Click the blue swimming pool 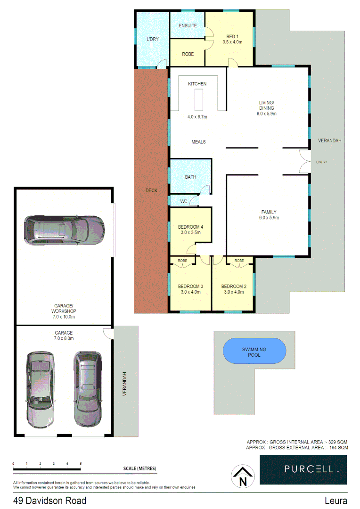(x=254, y=352)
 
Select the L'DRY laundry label (x=152, y=39)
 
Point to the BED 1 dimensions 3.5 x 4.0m (x=232, y=42)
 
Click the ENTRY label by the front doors (x=321, y=162)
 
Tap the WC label (x=184, y=201)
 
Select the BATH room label (x=190, y=177)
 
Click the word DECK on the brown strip (x=151, y=190)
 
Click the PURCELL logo (x=303, y=469)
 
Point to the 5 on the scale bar (x=81, y=464)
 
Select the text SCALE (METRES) (x=139, y=468)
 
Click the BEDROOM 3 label (x=190, y=286)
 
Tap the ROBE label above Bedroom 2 (x=239, y=261)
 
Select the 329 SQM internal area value (x=338, y=442)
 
